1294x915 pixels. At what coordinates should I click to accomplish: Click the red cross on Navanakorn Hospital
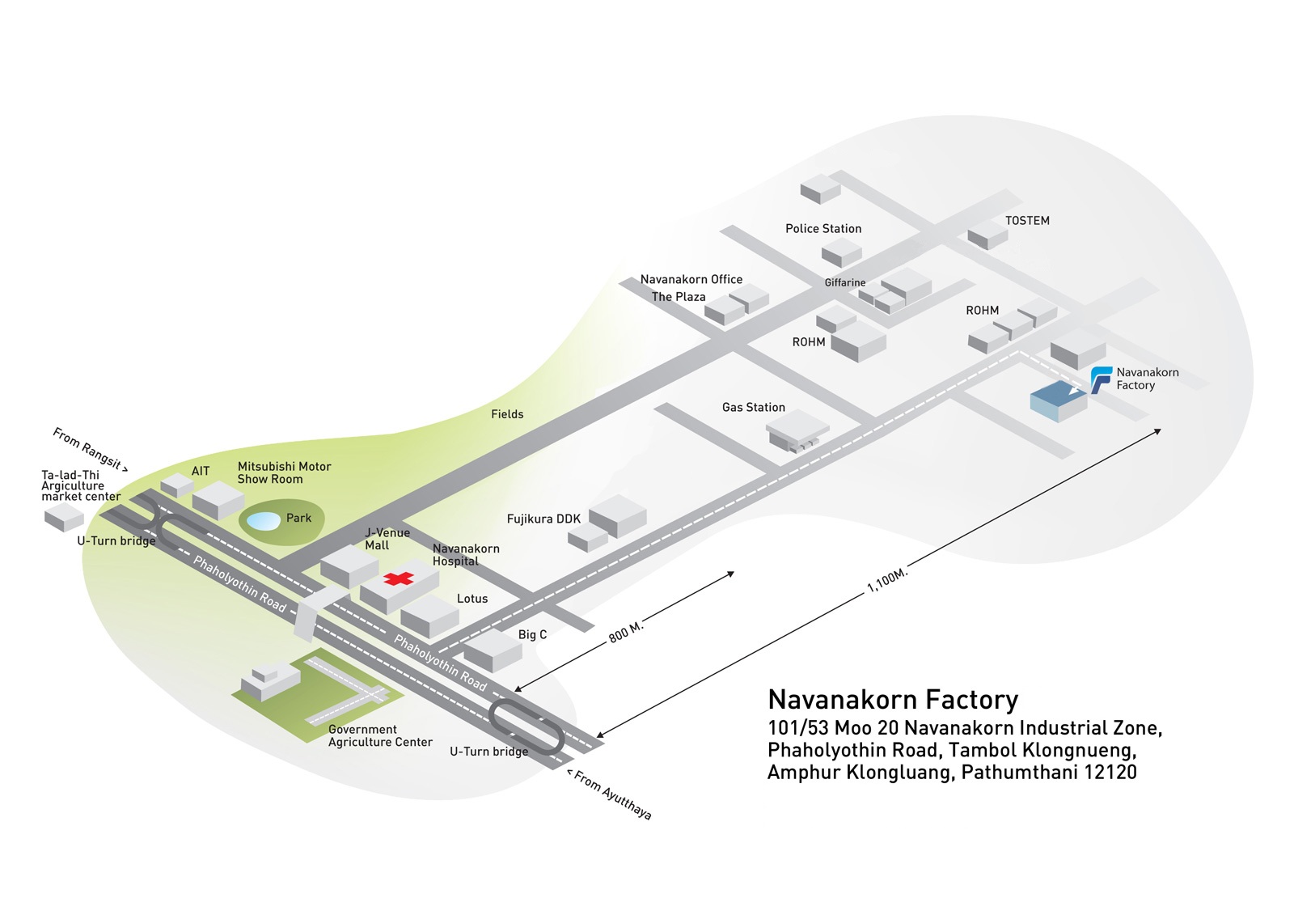tap(399, 578)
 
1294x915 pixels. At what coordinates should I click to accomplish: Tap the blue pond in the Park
tap(262, 521)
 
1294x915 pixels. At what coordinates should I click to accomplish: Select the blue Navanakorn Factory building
tap(1059, 400)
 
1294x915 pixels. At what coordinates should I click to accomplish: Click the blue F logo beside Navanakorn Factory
tap(1101, 380)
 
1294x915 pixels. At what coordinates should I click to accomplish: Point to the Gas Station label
tap(753, 408)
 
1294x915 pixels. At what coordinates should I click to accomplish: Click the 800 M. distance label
tap(626, 632)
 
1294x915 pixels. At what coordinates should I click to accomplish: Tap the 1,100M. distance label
tap(887, 580)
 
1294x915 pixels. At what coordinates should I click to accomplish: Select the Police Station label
tap(823, 229)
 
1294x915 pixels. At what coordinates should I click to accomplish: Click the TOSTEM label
tap(1027, 221)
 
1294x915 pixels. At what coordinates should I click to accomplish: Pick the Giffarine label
tap(844, 282)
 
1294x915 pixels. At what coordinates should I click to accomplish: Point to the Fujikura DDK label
tap(543, 519)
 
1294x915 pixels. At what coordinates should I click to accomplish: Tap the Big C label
tap(532, 634)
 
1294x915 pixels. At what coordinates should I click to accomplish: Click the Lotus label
tap(472, 599)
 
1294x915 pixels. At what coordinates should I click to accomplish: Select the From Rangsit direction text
tap(90, 450)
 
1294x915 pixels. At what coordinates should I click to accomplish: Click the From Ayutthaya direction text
tap(610, 794)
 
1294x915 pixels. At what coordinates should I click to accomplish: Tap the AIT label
tap(201, 471)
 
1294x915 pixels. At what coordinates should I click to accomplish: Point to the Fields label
tap(507, 414)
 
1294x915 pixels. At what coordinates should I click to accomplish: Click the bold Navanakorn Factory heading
tap(893, 700)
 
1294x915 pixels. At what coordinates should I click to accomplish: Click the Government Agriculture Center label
tap(380, 736)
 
